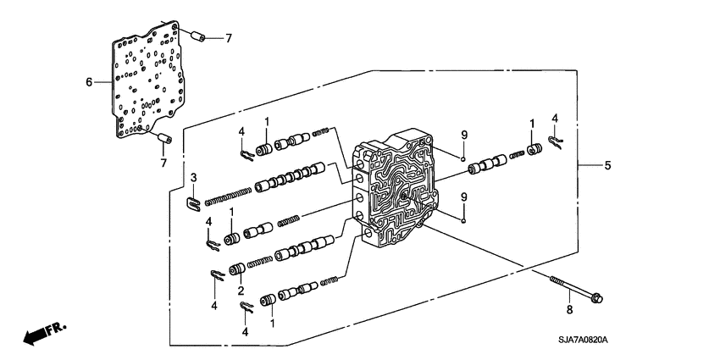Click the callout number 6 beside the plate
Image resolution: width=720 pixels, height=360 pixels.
point(88,82)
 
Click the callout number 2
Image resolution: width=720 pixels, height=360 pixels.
point(241,289)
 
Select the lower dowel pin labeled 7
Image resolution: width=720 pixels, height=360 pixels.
point(163,139)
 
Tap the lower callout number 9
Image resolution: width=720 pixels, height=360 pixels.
point(464,197)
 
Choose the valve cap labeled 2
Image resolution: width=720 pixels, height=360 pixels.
point(238,270)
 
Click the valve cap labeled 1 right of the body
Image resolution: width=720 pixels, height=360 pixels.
point(534,151)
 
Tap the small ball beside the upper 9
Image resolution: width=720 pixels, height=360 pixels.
point(464,158)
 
